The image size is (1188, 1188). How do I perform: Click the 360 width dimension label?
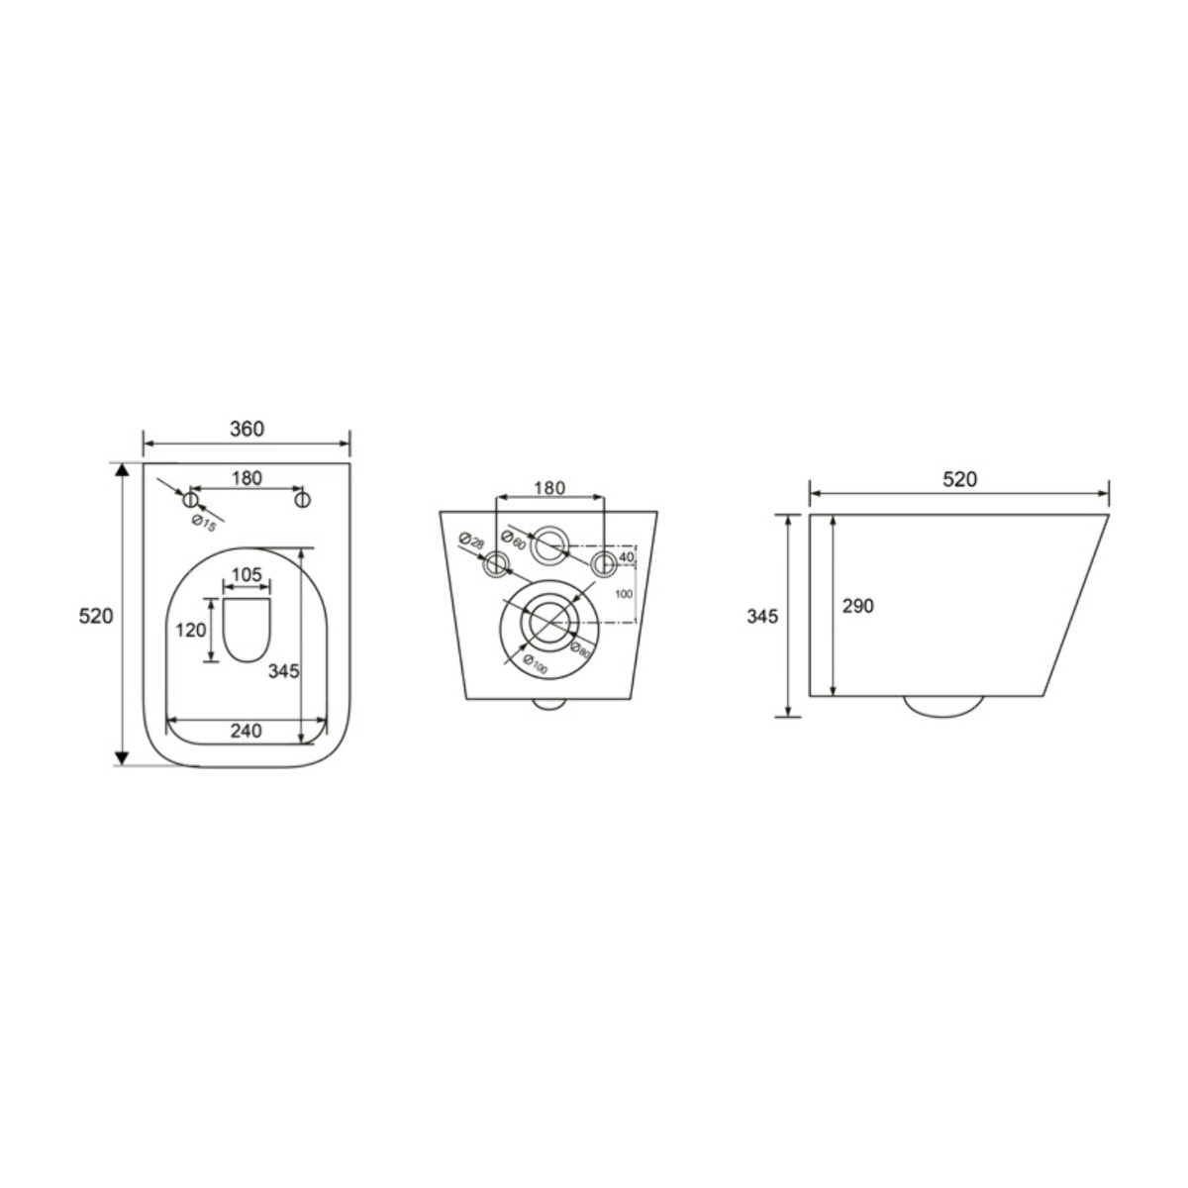tap(247, 429)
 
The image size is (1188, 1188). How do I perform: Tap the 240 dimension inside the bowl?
tap(246, 732)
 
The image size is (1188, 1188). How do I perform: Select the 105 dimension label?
tap(247, 575)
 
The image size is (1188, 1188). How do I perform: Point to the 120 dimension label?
tap(192, 630)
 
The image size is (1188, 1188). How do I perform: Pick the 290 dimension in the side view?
tap(857, 606)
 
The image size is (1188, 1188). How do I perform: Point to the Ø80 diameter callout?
tap(581, 649)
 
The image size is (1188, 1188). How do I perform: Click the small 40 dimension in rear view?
tap(625, 557)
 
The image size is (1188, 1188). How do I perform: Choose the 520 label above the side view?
tap(958, 480)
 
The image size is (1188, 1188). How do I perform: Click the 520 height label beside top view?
tap(96, 616)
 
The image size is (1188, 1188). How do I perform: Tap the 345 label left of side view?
tap(762, 616)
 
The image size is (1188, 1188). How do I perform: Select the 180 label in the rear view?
tap(549, 487)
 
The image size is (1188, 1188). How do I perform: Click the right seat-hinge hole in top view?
tap(304, 499)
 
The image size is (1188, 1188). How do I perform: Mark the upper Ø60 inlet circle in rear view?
tap(549, 545)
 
